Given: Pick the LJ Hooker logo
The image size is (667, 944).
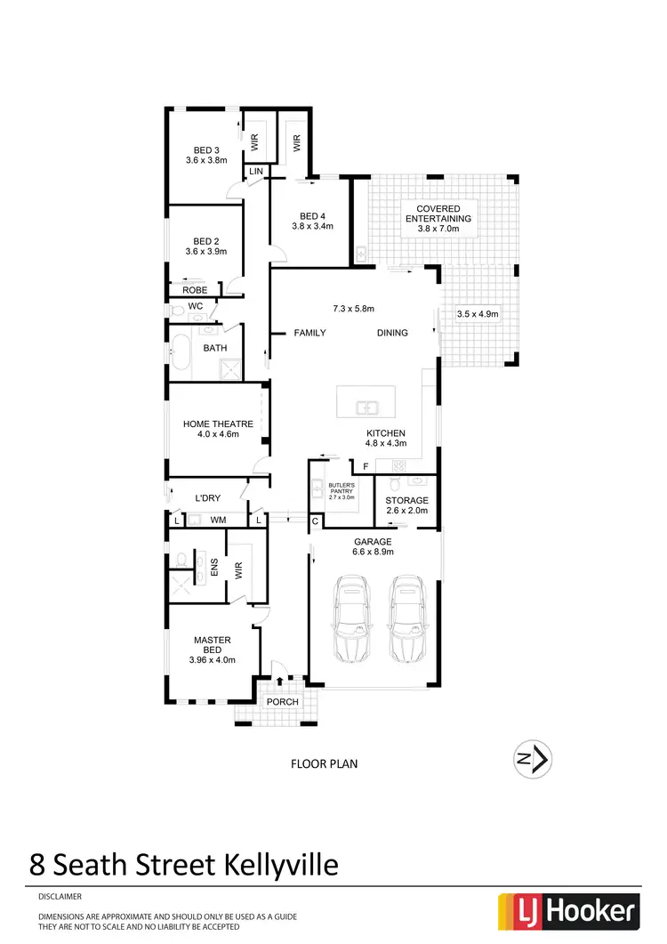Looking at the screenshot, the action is pyautogui.click(x=570, y=909).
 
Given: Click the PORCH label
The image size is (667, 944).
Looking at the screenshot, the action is pyautogui.click(x=283, y=701).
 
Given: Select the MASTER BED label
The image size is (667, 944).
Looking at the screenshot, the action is pyautogui.click(x=213, y=645).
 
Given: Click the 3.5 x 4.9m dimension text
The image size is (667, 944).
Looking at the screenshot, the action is pyautogui.click(x=478, y=314).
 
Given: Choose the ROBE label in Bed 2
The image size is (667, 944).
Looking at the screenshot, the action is pyautogui.click(x=195, y=290).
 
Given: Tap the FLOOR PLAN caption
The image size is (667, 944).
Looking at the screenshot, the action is pyautogui.click(x=325, y=763).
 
